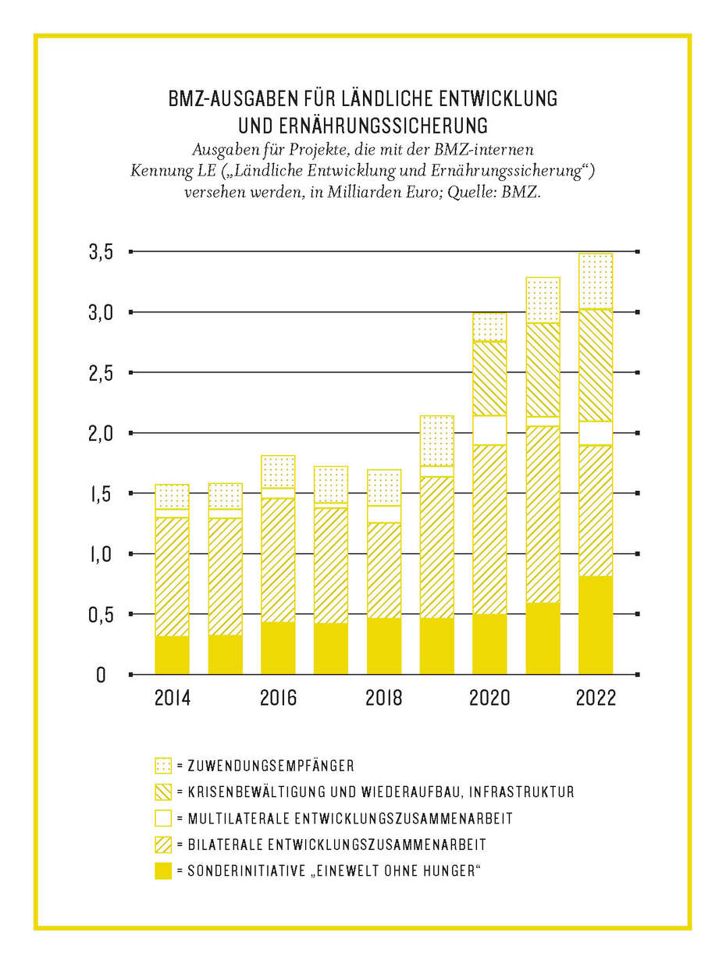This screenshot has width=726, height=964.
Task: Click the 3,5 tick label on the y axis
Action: pos(102,252)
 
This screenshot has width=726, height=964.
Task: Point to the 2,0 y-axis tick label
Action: pos(101,433)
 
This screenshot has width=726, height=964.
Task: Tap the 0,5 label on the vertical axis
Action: pos(101,614)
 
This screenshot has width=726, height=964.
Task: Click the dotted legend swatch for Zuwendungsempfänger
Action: pos(162,766)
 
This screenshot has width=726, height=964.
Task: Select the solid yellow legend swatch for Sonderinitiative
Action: pos(162,871)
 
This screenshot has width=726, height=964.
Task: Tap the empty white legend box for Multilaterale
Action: pos(162,819)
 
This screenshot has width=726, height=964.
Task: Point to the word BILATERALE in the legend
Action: pos(223,845)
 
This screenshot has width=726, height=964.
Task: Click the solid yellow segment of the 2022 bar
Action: pos(596,624)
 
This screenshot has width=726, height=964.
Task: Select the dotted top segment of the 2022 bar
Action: pos(596,281)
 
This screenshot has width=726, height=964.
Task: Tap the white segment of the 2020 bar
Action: pos(490,430)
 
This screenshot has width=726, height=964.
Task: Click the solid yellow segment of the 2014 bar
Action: pos(173,655)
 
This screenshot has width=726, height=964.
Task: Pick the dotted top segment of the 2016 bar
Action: pos(279,471)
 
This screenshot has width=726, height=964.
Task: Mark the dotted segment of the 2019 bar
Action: pos(437,440)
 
